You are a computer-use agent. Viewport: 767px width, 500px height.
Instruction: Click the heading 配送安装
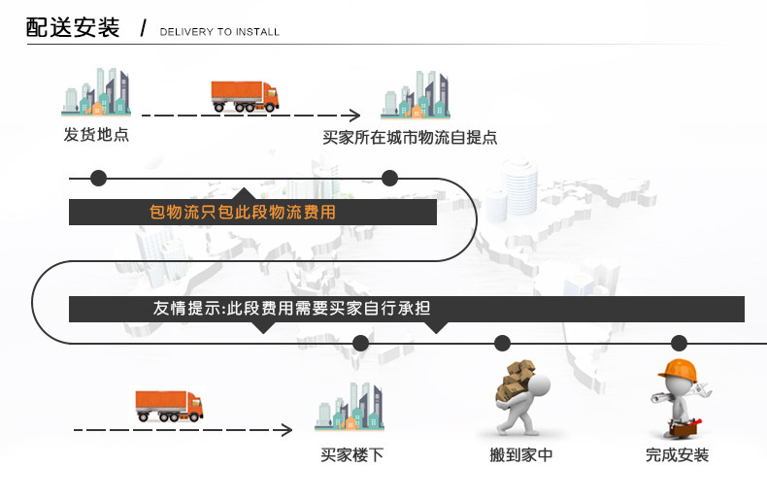73,28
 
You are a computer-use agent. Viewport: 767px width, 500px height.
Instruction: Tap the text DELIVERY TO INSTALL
219,32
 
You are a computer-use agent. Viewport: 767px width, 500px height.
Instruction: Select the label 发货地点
96,135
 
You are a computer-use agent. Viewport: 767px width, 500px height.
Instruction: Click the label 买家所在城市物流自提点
410,138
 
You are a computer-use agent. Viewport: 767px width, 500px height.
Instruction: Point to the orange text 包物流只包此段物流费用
243,212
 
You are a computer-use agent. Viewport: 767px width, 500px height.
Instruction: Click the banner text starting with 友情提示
291,309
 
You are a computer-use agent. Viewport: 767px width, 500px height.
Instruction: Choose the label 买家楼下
351,454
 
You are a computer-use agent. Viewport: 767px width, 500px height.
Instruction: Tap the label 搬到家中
521,454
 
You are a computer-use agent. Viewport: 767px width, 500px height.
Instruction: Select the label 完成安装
678,454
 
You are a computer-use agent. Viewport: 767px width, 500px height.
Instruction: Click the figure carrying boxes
517,398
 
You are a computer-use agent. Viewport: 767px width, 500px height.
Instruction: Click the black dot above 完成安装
679,343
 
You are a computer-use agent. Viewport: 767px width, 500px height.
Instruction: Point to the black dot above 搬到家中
502,343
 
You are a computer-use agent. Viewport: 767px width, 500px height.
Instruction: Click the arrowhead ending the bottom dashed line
286,429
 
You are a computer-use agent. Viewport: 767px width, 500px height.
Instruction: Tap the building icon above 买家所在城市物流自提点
416,95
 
